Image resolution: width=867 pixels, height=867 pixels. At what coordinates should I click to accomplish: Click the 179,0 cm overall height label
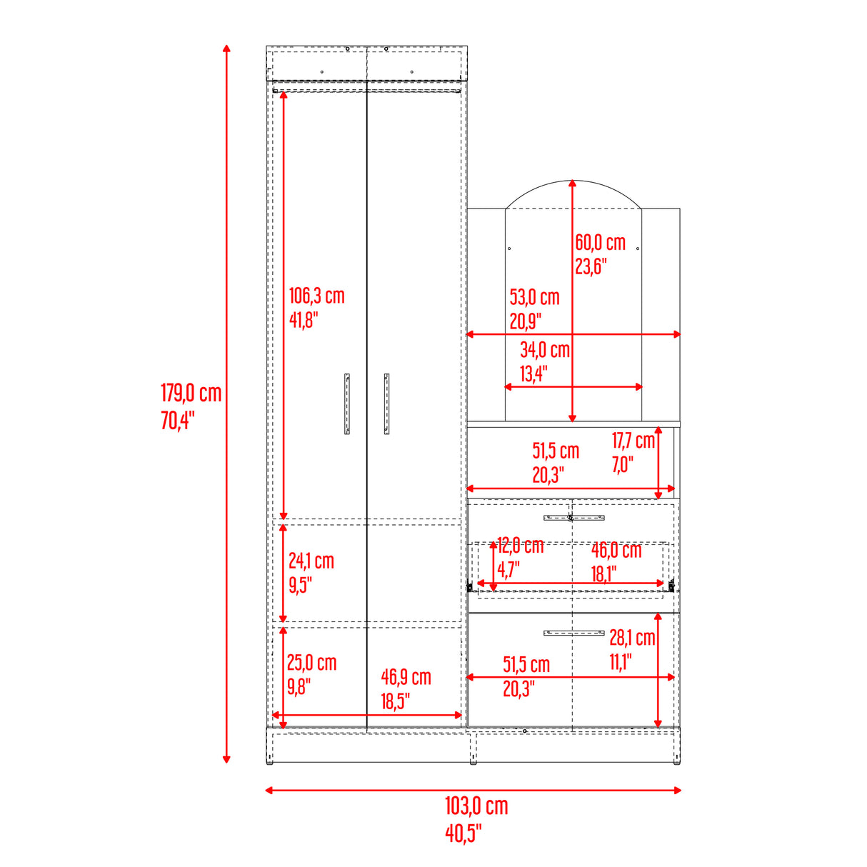[x=191, y=394]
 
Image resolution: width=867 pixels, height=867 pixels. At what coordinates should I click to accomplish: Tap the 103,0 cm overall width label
[x=476, y=806]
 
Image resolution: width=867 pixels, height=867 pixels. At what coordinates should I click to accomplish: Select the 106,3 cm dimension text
[x=316, y=296]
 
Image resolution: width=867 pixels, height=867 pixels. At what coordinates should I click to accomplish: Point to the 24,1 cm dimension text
[x=311, y=561]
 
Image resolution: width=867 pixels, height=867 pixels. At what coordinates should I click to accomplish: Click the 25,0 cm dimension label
[x=311, y=663]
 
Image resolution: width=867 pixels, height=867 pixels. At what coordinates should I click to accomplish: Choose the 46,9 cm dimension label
[x=406, y=677]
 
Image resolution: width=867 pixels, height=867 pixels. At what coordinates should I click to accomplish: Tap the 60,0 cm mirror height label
[x=600, y=243]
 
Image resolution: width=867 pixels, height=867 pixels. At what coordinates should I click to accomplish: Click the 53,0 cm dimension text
[x=534, y=297]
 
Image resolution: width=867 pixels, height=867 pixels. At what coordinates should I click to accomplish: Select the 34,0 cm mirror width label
[x=544, y=350]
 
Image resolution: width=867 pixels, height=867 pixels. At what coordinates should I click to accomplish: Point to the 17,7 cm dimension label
[x=633, y=441]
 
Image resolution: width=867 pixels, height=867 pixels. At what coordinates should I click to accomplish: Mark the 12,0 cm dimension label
[x=520, y=546]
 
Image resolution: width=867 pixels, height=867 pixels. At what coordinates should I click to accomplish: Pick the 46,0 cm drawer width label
[x=616, y=551]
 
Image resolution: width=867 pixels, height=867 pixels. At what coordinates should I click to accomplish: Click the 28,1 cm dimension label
[x=631, y=638]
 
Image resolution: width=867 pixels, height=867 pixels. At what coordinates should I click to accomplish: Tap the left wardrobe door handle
[x=347, y=404]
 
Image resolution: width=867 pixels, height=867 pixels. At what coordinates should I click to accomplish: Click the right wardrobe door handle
[x=386, y=404]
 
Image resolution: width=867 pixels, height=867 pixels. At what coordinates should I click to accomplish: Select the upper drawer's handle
[x=573, y=517]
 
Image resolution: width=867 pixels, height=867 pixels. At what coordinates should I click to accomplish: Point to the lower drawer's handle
[x=573, y=633]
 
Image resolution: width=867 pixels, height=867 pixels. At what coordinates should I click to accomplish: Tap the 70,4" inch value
[x=177, y=421]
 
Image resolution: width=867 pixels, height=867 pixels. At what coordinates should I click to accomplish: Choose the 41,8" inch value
[x=303, y=320]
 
